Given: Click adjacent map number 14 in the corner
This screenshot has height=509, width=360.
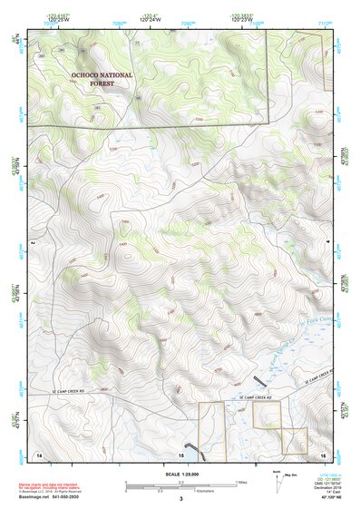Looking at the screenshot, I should point(38,452).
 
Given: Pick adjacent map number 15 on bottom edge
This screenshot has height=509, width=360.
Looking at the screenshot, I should point(180,452).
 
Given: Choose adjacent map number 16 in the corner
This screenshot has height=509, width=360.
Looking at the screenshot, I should point(322,452).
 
